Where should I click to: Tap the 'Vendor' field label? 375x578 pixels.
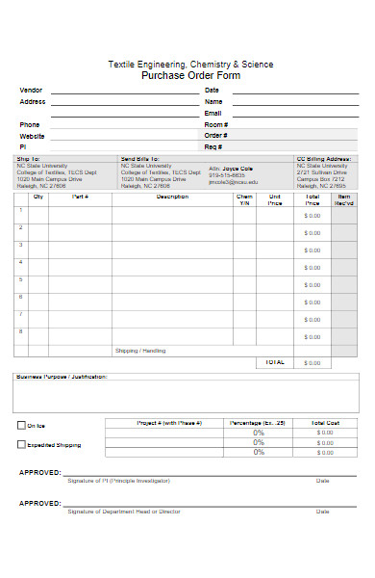[30, 90]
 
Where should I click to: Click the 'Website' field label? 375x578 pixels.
[32, 136]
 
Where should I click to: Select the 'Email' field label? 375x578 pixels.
[212, 113]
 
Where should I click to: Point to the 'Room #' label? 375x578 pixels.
[215, 124]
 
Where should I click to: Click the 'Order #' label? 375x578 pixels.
[215, 136]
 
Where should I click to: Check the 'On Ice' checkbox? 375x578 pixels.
[22, 425]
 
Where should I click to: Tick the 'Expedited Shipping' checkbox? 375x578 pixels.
[22, 445]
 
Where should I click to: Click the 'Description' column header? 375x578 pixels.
[172, 197]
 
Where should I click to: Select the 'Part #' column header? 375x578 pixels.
[80, 197]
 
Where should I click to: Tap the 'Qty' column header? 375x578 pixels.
[38, 197]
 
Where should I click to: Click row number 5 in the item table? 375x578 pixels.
[20, 279]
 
